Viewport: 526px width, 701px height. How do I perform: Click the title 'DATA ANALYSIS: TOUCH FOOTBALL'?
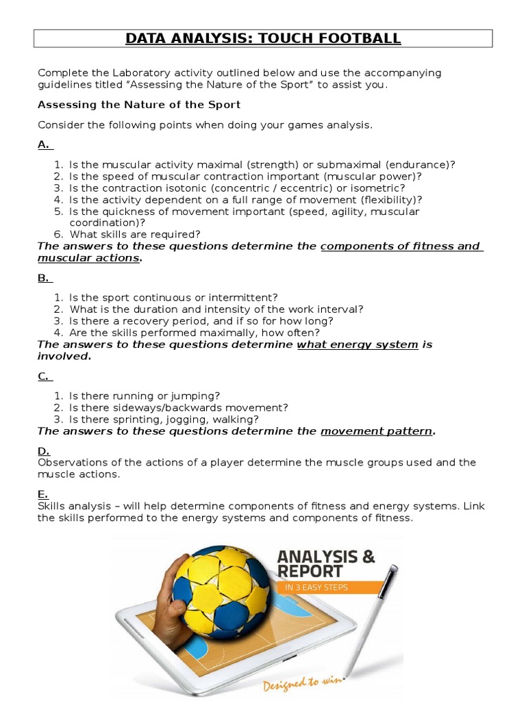tap(263, 39)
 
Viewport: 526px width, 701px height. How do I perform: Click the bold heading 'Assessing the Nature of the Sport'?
tap(138, 105)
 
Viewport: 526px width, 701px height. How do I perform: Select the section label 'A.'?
tap(44, 144)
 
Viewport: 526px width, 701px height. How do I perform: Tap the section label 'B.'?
tap(44, 278)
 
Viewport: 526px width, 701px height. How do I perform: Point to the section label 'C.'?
tap(44, 376)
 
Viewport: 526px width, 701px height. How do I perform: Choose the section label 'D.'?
tap(44, 450)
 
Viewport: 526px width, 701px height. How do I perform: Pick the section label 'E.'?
tap(43, 494)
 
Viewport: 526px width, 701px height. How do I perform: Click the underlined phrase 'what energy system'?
tap(357, 344)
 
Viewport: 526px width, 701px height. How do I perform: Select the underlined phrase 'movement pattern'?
tap(377, 431)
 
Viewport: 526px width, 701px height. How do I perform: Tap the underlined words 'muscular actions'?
tap(88, 258)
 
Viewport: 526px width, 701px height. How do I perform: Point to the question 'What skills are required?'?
tap(135, 234)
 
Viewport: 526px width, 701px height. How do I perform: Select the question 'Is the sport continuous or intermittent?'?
tap(173, 297)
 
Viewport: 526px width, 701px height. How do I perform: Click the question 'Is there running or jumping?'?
tap(145, 396)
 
